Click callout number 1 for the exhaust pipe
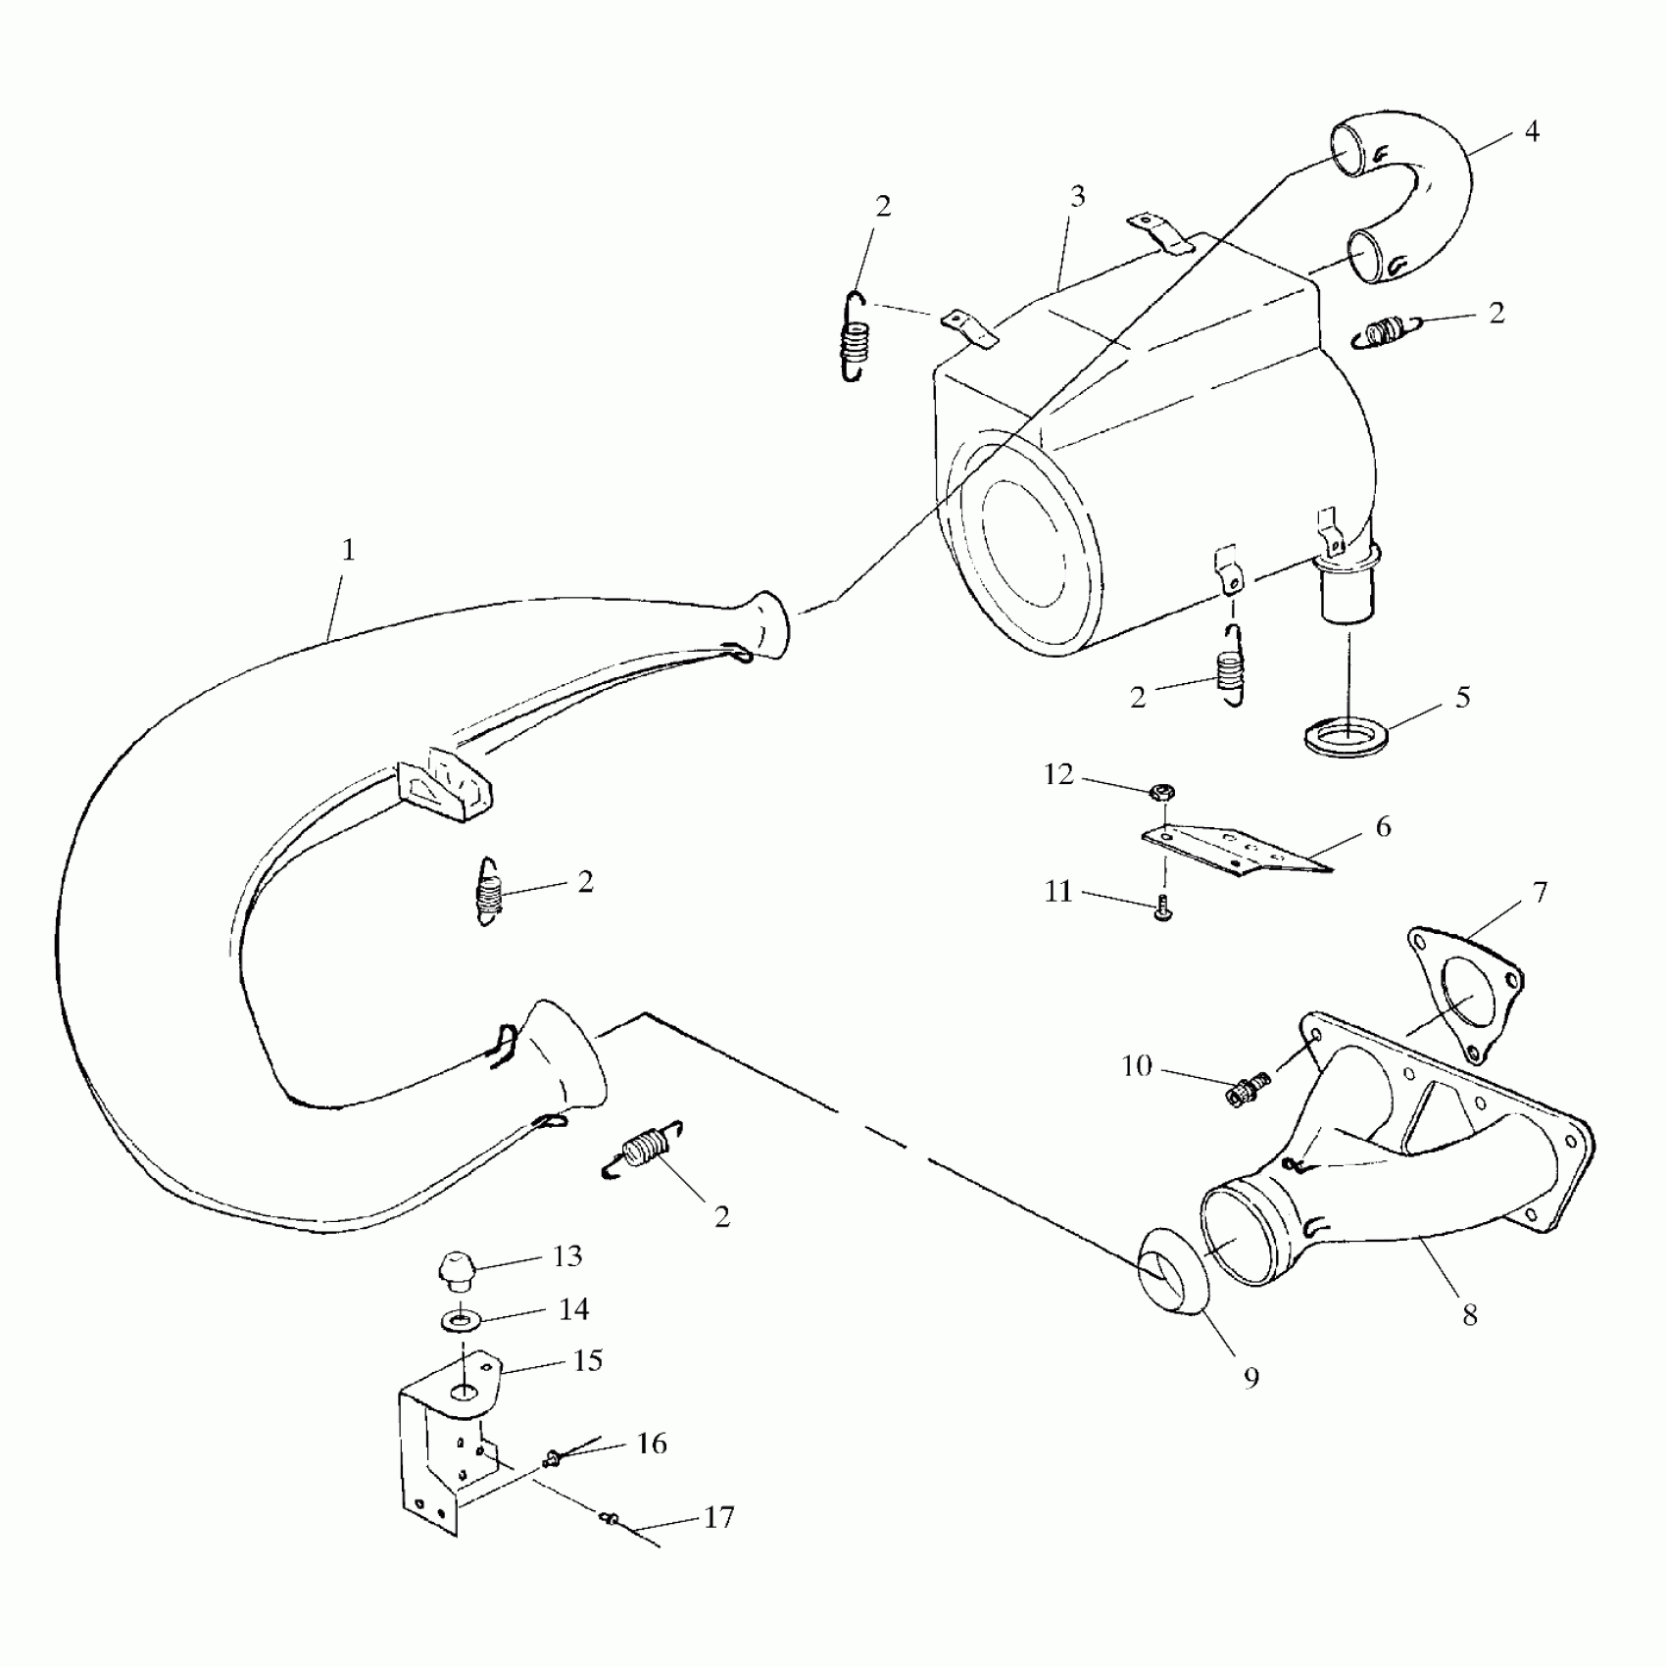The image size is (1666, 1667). [x=347, y=551]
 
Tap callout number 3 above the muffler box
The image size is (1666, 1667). [x=1077, y=197]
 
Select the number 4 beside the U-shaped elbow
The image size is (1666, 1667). [x=1532, y=131]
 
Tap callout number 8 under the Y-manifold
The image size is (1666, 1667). [x=1469, y=1314]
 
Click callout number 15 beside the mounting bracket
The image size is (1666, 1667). [x=587, y=1360]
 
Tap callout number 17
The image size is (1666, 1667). [x=718, y=1517]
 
